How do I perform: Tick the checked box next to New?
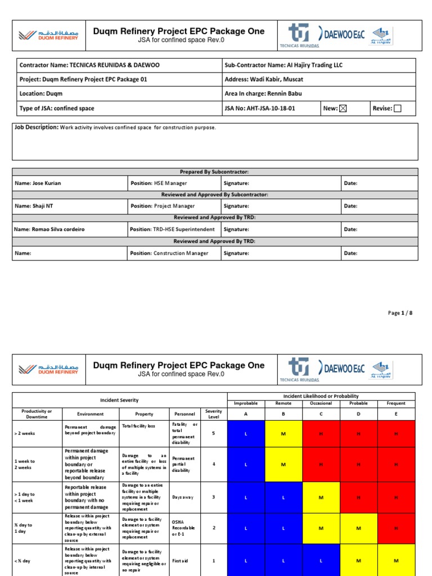click(x=343, y=109)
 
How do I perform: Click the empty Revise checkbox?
click(x=397, y=109)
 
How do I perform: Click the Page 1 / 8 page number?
click(x=400, y=313)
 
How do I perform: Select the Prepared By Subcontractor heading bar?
click(x=215, y=172)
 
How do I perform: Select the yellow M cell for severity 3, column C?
click(x=321, y=497)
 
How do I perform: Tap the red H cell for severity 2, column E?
click(x=396, y=528)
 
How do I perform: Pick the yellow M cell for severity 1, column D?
click(x=358, y=560)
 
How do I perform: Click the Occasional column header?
click(x=321, y=403)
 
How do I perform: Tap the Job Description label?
click(x=37, y=128)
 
